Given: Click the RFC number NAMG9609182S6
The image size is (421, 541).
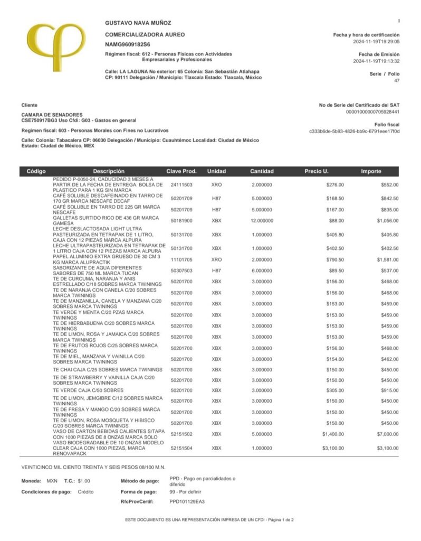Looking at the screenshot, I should tap(128, 44).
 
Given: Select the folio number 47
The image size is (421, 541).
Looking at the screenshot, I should tap(397, 81).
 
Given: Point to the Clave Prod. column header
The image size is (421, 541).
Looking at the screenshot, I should tap(181, 171).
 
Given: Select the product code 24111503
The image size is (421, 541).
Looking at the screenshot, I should tap(181, 185).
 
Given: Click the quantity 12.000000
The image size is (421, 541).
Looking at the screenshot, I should tap(262, 220).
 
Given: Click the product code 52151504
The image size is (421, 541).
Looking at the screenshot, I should tap(181, 448).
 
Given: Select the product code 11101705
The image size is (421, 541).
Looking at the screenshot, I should tap(181, 259).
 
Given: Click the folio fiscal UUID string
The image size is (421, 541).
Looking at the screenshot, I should tap(354, 131).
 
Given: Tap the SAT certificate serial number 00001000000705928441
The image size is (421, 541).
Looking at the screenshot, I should tap(372, 112).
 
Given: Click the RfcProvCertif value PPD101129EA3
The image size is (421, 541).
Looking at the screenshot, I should tap(187, 501).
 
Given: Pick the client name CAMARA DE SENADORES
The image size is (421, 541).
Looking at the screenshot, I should tap(52, 115).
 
